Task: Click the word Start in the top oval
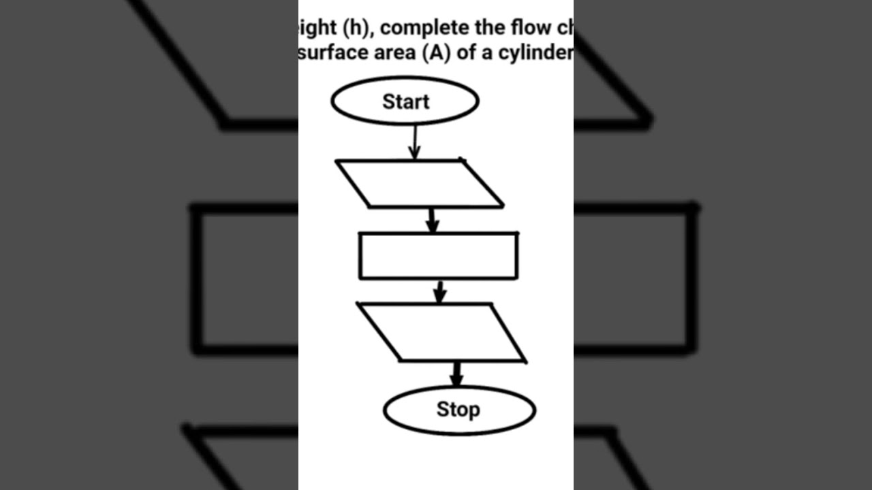pyautogui.click(x=405, y=101)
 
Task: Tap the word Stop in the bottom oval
pyautogui.click(x=458, y=410)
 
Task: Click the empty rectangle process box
pyautogui.click(x=438, y=256)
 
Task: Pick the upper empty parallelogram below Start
pyautogui.click(x=419, y=184)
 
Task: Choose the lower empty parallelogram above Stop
pyautogui.click(x=441, y=332)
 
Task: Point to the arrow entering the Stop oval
pyautogui.click(x=456, y=374)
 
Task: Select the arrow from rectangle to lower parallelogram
pyautogui.click(x=440, y=291)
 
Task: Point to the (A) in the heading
pyautogui.click(x=437, y=53)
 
